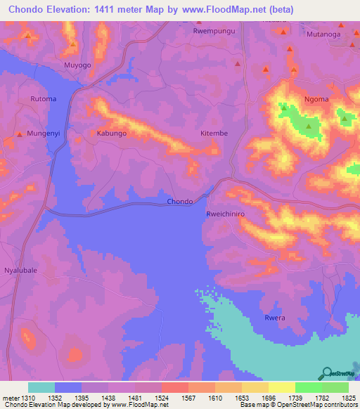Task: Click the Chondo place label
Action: (180, 202)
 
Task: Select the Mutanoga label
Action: (323, 33)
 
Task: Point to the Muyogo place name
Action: (77, 65)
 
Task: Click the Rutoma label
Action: (43, 99)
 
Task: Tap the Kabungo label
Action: (111, 132)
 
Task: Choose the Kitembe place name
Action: (214, 132)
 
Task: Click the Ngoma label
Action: (316, 99)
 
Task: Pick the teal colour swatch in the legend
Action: (41, 387)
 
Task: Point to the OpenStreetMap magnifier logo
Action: (327, 372)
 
